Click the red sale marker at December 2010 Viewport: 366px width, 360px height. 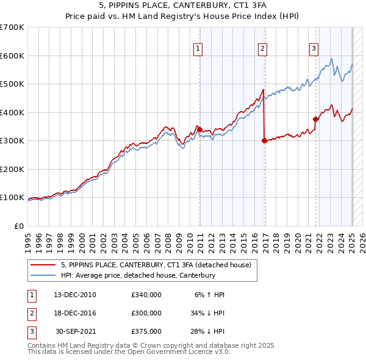199,129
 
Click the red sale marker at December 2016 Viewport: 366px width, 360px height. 264,140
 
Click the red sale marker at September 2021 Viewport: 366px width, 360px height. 316,120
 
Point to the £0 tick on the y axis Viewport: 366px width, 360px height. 20,226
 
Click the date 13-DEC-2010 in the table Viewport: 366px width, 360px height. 74,295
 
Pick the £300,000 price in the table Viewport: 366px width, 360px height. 146,313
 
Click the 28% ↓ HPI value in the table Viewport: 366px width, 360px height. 207,331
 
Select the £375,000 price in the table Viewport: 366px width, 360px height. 146,331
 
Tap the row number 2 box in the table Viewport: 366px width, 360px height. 30,313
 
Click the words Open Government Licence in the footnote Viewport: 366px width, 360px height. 167,351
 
